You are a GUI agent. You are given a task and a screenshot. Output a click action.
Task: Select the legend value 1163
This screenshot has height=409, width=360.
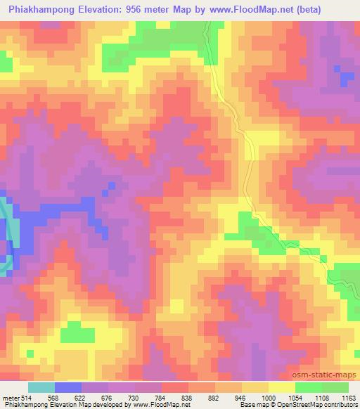click(x=348, y=398)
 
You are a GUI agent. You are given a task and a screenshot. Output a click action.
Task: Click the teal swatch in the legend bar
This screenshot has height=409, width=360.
click(x=41, y=387)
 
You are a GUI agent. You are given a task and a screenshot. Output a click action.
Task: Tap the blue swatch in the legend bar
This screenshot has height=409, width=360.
click(x=68, y=387)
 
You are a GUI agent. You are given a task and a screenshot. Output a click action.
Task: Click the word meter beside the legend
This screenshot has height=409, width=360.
click(x=11, y=398)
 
